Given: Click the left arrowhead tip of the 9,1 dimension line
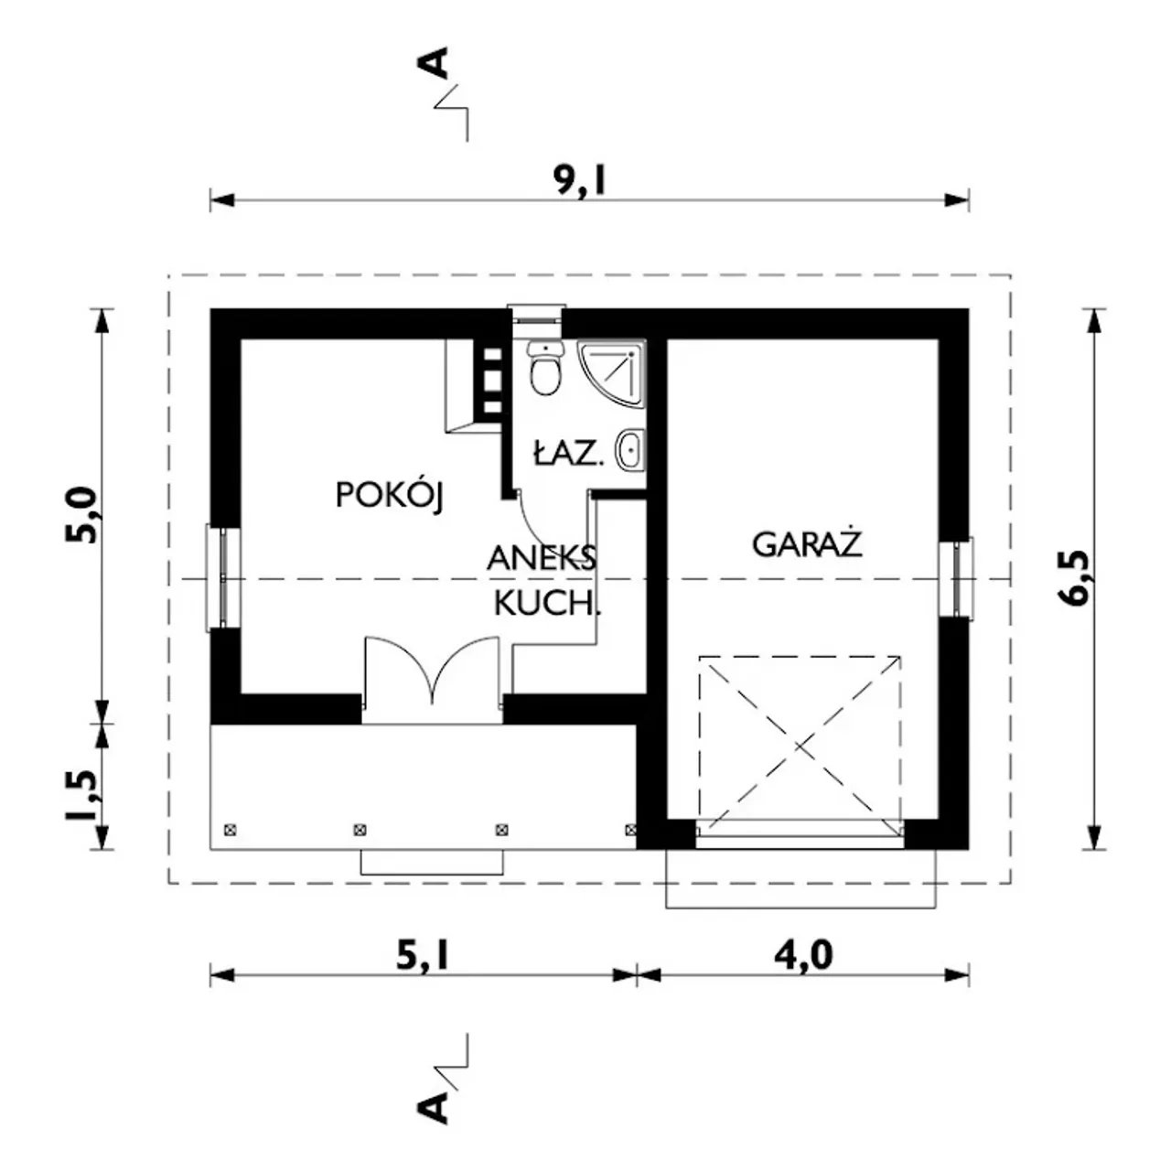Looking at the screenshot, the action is coord(210,200).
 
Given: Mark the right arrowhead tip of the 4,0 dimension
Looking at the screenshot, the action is coord(969,975).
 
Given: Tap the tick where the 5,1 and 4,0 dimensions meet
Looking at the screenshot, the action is coord(637,975).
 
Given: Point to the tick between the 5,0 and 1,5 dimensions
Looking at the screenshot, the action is coord(102,724).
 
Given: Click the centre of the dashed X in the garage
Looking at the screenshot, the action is coord(800,744).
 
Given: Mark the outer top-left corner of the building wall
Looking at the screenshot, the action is coord(210,309).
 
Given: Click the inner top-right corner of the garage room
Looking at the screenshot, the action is coord(939,339).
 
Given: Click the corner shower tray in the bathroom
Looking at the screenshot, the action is coord(611,372).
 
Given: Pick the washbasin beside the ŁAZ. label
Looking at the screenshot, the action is coord(631,450).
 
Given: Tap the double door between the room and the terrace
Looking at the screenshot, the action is coord(432,671).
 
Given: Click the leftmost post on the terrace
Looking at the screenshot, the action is coord(230,830).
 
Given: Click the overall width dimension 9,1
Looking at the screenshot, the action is coord(581,180).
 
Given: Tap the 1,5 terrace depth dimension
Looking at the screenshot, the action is coord(82,795).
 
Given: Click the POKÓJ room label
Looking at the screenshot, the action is coord(390,495).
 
